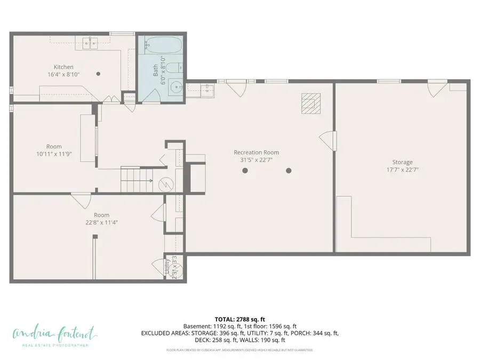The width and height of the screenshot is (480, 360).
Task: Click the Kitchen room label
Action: tap(63, 67)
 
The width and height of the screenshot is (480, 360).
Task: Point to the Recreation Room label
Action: tap(256, 153)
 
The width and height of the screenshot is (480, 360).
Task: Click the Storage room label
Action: tap(402, 162)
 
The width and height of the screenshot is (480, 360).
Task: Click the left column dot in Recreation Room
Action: tap(245, 171)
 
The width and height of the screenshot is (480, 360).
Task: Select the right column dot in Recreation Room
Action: tap(289, 171)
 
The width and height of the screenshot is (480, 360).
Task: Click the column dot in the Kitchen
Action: tap(98, 74)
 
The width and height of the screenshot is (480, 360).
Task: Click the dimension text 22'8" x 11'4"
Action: tap(101, 222)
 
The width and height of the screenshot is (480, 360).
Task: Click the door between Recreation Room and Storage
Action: tap(326, 140)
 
